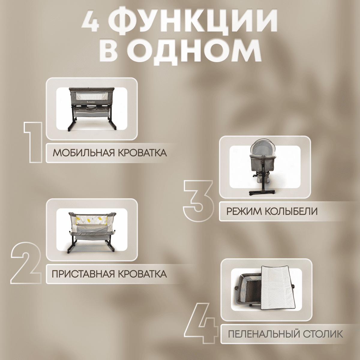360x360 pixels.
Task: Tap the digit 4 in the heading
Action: pos(90,21)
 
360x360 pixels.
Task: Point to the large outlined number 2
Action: pos(26,263)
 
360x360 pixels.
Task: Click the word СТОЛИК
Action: pos(323,334)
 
